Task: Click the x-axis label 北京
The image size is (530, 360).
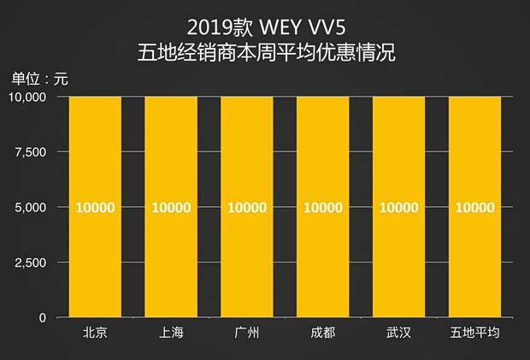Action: tap(95, 333)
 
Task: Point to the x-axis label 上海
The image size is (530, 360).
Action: tap(171, 333)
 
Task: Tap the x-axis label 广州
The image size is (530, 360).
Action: tap(247, 333)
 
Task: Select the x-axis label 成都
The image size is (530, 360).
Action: tap(323, 333)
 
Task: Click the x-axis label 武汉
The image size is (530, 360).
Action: tap(399, 333)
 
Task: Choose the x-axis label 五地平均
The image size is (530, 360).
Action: tap(474, 333)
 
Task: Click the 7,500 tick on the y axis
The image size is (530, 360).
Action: tap(32, 152)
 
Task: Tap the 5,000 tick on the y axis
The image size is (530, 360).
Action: tap(32, 207)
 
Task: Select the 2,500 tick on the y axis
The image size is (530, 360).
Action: tap(32, 263)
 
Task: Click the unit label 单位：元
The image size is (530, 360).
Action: tap(39, 80)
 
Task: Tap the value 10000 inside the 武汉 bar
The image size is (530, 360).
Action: tap(399, 208)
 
